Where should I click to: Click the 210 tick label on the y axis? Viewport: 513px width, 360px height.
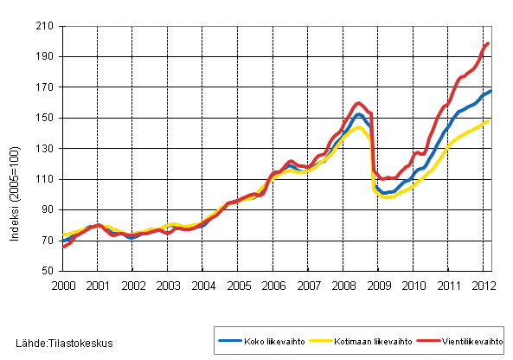click(48, 27)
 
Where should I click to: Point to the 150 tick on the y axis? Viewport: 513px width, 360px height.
click(48, 119)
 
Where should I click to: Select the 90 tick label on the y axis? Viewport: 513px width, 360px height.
click(50, 210)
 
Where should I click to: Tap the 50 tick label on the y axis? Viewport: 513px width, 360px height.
click(50, 271)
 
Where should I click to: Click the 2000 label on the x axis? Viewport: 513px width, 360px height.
click(62, 285)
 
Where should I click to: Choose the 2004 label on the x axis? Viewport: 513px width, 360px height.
click(202, 285)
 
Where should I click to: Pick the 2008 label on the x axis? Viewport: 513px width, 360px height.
click(343, 285)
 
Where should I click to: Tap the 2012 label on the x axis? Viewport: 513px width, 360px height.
click(484, 285)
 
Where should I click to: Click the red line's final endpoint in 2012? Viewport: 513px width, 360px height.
click(489, 43)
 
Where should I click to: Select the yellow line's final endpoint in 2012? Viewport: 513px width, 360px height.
click(489, 120)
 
